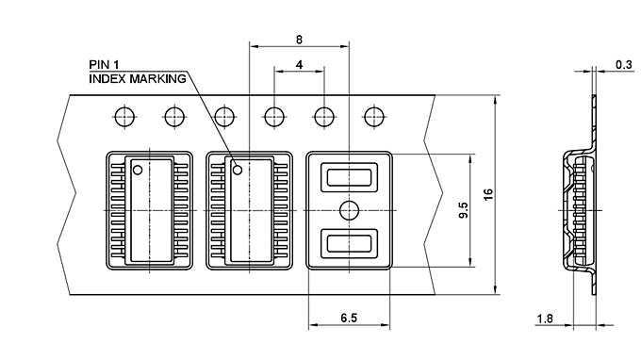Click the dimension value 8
tap(299, 40)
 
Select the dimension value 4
tap(299, 65)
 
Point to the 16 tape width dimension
tap(487, 193)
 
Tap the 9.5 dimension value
tap(463, 210)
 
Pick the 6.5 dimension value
tap(349, 319)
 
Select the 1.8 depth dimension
tap(545, 319)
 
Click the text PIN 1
tap(104, 64)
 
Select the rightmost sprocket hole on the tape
tap(374, 117)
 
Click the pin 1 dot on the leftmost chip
tap(138, 171)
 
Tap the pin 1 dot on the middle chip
tap(238, 170)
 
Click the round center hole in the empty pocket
tap(350, 208)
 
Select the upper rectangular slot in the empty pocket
tap(350, 175)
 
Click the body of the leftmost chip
tap(150, 209)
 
